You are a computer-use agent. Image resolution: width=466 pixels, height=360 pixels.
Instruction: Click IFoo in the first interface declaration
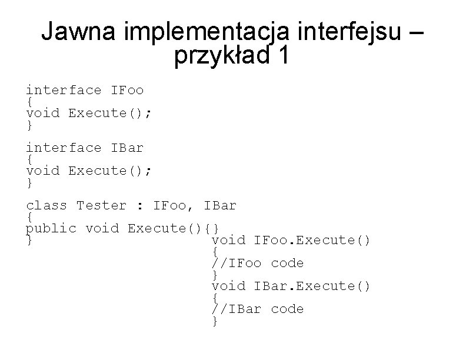(127, 90)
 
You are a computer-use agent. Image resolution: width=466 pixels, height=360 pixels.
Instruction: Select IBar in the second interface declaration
(127, 148)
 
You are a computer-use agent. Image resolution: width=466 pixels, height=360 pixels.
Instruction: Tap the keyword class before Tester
(46, 205)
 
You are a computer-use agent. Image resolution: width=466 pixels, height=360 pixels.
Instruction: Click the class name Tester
(101, 205)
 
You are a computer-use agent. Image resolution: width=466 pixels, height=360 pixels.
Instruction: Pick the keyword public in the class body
(51, 228)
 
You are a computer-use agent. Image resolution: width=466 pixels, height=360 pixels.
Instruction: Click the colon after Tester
(139, 206)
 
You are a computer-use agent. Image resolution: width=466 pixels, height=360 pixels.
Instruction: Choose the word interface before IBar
(64, 148)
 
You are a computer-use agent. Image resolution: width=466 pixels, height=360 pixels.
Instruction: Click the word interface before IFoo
(64, 90)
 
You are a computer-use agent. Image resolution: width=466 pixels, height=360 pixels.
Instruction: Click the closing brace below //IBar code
(215, 321)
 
